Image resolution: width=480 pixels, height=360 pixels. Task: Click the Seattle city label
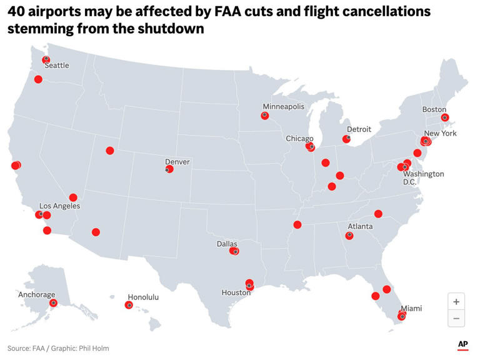click(x=57, y=66)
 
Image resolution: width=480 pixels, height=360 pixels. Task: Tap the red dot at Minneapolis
click(x=265, y=116)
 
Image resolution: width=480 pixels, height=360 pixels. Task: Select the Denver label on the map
click(x=177, y=162)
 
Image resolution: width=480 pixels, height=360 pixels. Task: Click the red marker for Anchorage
click(x=54, y=302)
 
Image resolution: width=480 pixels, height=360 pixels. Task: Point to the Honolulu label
click(x=143, y=297)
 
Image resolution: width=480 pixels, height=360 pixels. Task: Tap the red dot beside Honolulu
click(x=129, y=305)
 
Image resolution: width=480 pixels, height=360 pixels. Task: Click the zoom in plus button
click(x=456, y=301)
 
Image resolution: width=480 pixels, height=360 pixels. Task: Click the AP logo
click(x=462, y=344)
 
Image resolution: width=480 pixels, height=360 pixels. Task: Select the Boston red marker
click(x=445, y=117)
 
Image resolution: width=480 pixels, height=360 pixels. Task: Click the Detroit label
click(x=359, y=129)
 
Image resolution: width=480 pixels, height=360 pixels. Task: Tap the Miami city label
click(x=411, y=309)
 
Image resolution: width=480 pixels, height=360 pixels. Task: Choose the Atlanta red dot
click(x=349, y=236)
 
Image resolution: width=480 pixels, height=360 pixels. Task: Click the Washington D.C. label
click(x=423, y=177)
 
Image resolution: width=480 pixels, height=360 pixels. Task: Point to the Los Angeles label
click(x=59, y=206)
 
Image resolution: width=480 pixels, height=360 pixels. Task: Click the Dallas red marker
click(x=234, y=251)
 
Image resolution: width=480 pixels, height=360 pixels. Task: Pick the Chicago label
click(x=299, y=138)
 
